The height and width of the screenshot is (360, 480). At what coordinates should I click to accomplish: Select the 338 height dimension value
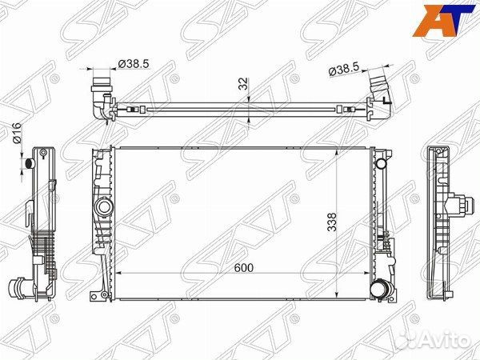point(332,222)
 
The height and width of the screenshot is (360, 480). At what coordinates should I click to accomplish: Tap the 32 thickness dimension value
point(243,83)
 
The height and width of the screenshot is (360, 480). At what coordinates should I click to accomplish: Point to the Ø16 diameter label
point(17,133)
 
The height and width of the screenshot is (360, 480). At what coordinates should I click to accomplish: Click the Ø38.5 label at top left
point(134,64)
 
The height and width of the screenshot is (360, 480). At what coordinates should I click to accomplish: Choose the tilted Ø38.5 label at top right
point(343,70)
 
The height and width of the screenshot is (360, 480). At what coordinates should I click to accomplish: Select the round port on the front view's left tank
point(104,207)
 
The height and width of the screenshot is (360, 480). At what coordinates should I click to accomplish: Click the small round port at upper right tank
point(382,163)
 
